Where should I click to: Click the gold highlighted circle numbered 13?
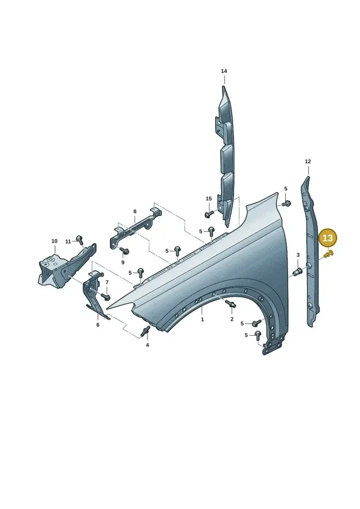click(x=328, y=238)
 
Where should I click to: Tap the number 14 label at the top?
click(x=224, y=71)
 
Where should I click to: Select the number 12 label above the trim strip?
click(x=308, y=161)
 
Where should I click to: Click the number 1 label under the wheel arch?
click(x=202, y=320)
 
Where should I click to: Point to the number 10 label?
click(x=54, y=241)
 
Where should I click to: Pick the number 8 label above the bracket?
click(x=135, y=212)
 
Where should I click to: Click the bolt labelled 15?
click(x=209, y=214)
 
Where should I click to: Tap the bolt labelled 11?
click(x=79, y=239)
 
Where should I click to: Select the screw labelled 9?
click(x=125, y=250)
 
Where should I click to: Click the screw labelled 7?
click(x=106, y=297)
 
